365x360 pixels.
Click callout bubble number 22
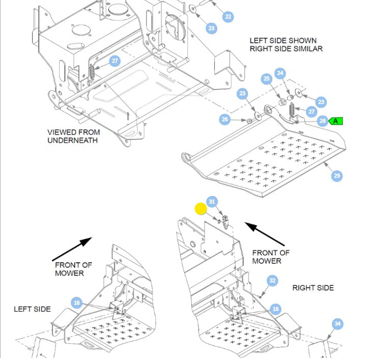[228, 17]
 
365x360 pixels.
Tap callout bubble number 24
[280, 73]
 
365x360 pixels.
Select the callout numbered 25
[267, 79]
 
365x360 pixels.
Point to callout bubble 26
[225, 120]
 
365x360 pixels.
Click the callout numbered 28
[322, 121]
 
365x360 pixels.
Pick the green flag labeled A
[336, 121]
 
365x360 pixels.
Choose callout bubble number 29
[336, 176]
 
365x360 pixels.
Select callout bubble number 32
[273, 280]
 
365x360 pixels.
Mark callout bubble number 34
[338, 323]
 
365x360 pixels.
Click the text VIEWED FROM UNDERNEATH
[73, 136]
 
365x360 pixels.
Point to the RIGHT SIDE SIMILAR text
[286, 49]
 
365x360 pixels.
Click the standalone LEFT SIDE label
[32, 309]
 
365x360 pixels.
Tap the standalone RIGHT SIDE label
[313, 288]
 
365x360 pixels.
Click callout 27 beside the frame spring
[115, 61]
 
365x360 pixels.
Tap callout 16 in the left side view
[76, 303]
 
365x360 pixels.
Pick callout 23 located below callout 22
[211, 28]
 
